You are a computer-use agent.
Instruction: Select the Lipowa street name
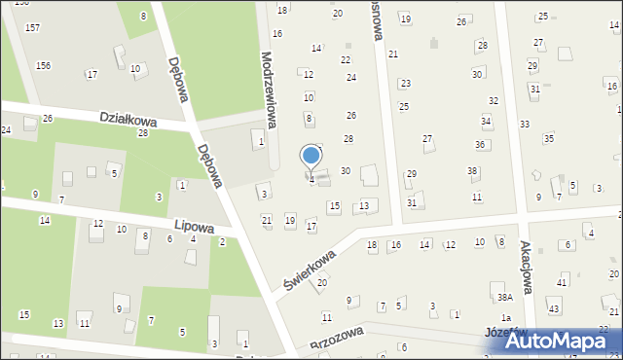click(193, 225)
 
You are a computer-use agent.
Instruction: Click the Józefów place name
click(505, 332)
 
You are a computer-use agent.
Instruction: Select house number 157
click(32, 27)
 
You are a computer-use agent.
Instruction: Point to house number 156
click(43, 65)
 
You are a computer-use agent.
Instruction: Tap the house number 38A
click(504, 297)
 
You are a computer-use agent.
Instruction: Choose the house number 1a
click(505, 318)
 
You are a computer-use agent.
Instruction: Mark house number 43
click(554, 308)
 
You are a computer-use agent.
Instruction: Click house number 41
click(563, 282)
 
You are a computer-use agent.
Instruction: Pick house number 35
click(548, 138)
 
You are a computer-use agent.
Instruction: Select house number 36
click(480, 144)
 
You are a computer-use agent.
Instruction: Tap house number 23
click(405, 84)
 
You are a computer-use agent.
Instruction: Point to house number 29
click(411, 173)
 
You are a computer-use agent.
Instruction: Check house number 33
click(525, 124)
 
